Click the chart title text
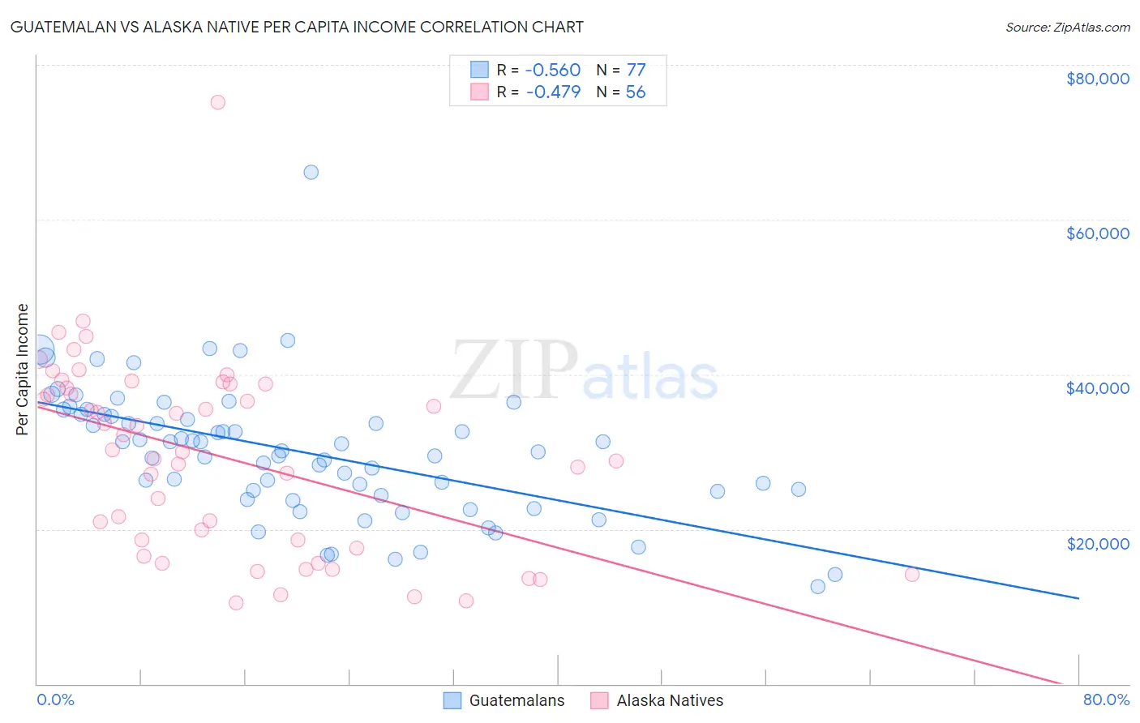coord(297,27)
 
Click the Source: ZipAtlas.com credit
coord(1067,28)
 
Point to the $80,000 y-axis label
coord(1097,79)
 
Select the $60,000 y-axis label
coord(1097,233)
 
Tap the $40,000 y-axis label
coord(1097,388)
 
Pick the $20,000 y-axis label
coord(1097,543)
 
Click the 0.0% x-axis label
coord(55,699)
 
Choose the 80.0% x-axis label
coord(1106,699)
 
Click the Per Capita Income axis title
coord(23,369)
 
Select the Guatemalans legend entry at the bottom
coord(516,700)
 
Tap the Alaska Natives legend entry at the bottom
coord(670,700)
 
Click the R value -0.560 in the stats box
coord(553,70)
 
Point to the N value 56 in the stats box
coord(636,92)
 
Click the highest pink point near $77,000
coord(217,102)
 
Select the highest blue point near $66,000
coord(311,172)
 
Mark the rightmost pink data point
coord(911,575)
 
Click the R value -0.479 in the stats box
coord(553,92)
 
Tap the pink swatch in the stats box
coord(480,92)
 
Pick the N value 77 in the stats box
coord(636,70)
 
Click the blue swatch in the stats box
coord(480,70)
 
